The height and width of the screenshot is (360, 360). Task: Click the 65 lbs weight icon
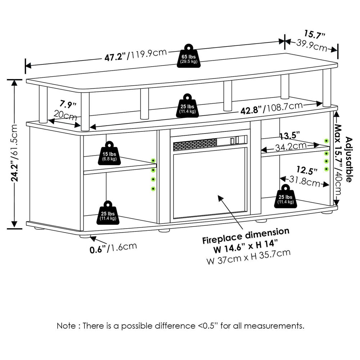tap(189, 57)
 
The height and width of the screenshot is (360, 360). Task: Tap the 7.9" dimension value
tap(68, 105)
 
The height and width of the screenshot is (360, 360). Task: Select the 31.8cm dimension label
tap(305, 182)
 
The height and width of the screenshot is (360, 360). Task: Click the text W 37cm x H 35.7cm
tap(248, 257)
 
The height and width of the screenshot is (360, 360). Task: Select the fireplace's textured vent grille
tap(195, 145)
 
